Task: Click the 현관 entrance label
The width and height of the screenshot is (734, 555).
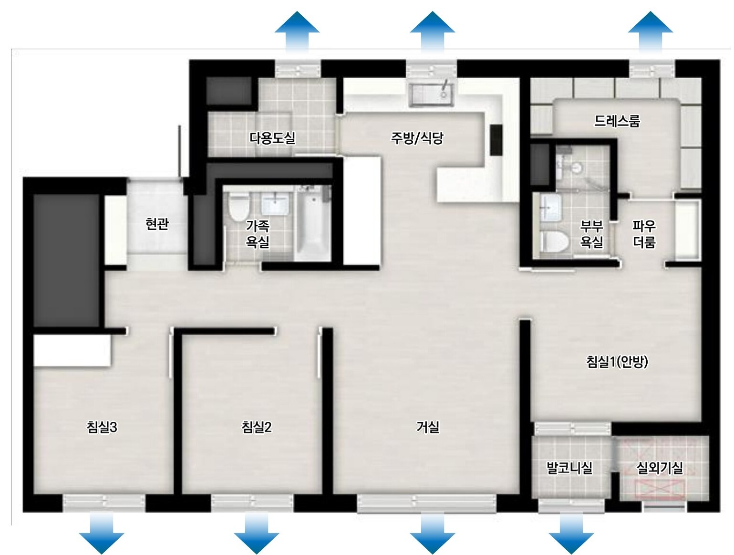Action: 157,224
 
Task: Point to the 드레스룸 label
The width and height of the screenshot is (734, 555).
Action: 617,121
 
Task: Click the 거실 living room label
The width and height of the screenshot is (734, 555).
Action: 428,427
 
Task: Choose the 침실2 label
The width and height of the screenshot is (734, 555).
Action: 257,427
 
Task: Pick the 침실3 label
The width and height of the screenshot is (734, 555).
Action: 102,427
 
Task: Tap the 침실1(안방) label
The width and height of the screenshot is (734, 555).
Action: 617,361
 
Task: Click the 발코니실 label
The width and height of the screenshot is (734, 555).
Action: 569,468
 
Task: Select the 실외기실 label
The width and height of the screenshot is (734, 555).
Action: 660,468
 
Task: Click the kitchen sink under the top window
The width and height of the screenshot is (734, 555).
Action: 431,94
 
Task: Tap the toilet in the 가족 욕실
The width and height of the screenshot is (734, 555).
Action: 239,208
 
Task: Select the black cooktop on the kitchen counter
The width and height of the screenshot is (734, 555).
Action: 496,139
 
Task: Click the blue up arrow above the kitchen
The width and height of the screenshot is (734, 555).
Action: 432,32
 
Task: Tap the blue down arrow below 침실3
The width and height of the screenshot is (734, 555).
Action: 102,533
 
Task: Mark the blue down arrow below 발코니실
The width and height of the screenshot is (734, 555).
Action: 571,533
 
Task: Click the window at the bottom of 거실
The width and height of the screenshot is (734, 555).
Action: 427,504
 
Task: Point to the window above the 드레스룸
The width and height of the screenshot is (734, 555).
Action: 651,69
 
